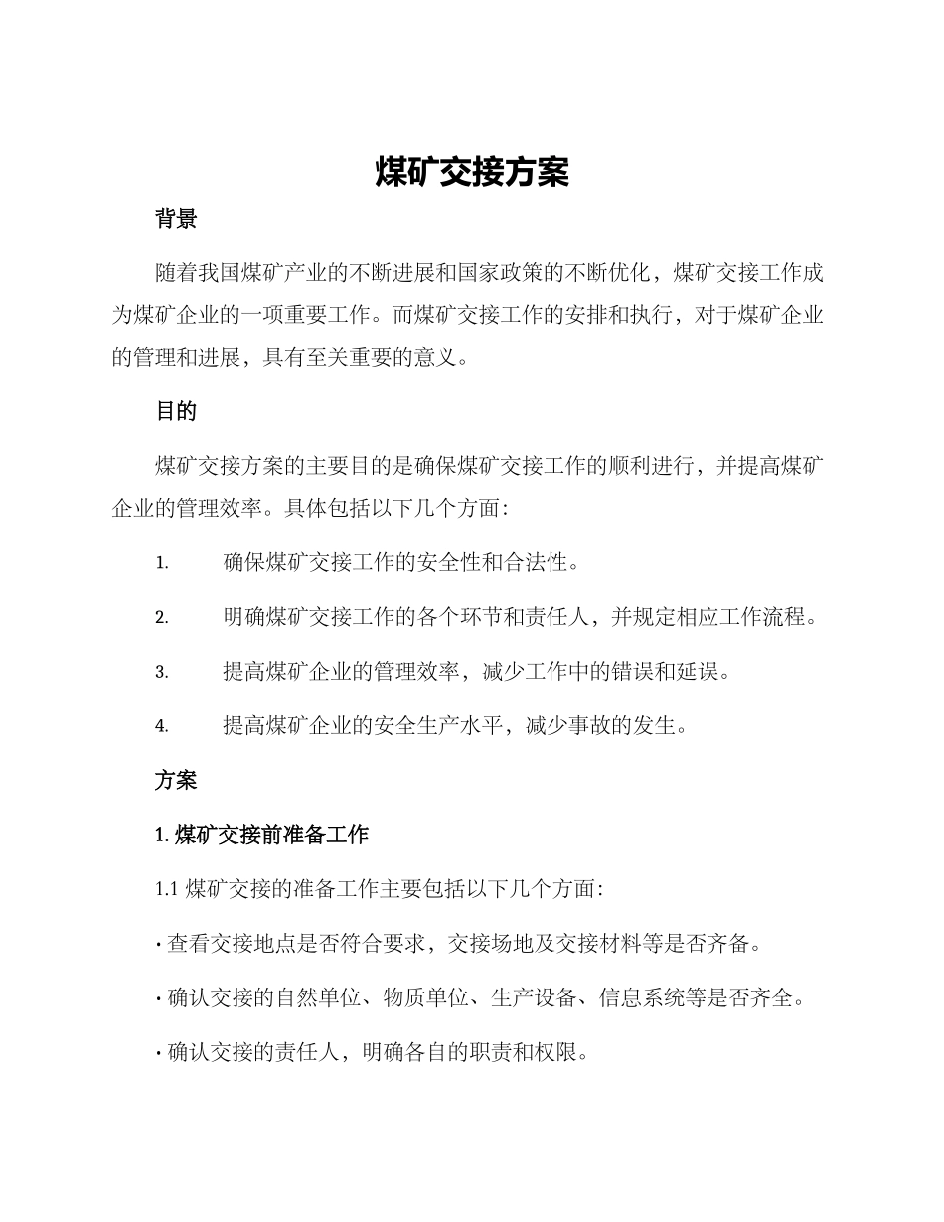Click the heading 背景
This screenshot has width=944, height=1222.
coord(176,220)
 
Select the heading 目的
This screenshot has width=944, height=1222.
coord(176,411)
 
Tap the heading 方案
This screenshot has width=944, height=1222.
coord(176,781)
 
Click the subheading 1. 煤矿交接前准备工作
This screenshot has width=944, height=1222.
coord(262,835)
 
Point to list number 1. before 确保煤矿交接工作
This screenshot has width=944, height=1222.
coord(161,564)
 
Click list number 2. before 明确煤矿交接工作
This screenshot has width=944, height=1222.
coord(161,618)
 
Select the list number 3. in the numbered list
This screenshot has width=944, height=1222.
coord(161,673)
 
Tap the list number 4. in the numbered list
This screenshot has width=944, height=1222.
coord(161,726)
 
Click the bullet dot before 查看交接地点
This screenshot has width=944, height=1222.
coord(159,945)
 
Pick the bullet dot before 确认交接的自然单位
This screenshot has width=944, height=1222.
coord(159,998)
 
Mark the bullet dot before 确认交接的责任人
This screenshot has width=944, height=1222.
coord(159,1053)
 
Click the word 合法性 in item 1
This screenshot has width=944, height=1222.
coord(538,563)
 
